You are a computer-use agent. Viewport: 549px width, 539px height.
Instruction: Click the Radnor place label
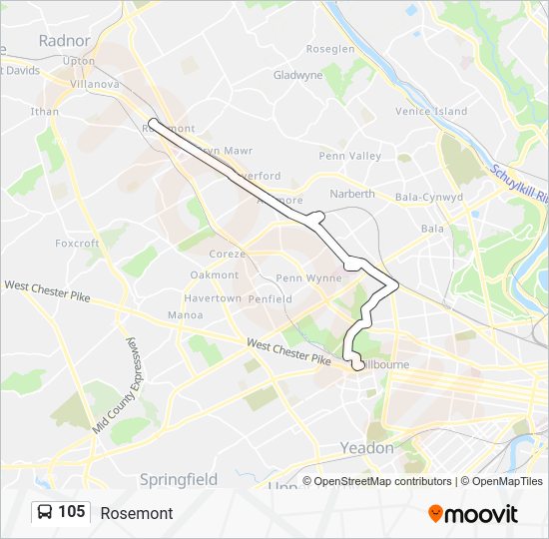click(64, 41)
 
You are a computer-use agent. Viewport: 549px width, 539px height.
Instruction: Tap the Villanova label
click(94, 85)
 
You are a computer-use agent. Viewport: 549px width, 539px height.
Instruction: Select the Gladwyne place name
click(297, 75)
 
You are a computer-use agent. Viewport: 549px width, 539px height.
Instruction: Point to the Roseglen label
click(330, 49)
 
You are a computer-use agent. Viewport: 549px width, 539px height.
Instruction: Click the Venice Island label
click(431, 112)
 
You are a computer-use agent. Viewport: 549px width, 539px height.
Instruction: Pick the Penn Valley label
click(349, 157)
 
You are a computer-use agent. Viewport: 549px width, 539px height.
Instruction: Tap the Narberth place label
click(352, 194)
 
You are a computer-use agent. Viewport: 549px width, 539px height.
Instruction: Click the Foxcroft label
click(77, 244)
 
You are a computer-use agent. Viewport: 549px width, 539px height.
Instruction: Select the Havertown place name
click(214, 298)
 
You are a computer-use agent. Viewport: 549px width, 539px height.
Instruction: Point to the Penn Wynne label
click(308, 278)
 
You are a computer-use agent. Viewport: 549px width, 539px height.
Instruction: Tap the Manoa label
click(186, 315)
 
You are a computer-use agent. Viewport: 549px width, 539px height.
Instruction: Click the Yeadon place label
click(367, 448)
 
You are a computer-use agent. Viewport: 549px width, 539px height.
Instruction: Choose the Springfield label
click(179, 479)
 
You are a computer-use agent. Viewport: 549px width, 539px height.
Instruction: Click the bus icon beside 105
click(45, 512)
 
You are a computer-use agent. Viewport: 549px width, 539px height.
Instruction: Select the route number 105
click(71, 512)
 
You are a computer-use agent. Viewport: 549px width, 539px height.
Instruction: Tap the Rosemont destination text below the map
click(136, 513)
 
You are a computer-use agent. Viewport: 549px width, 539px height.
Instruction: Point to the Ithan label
click(45, 113)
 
